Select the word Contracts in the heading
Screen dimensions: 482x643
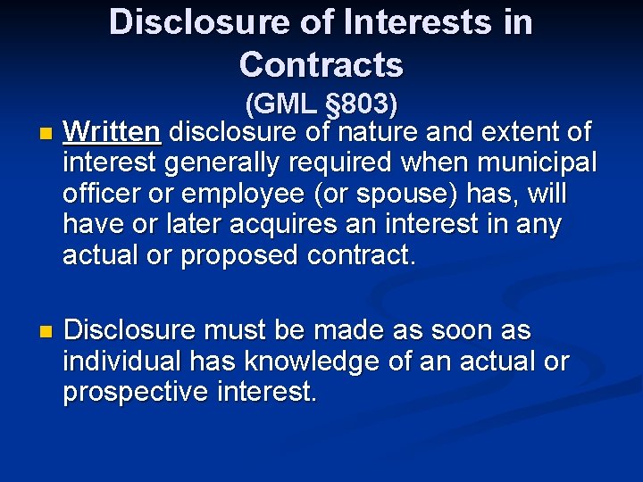(x=321, y=64)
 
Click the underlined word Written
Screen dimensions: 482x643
(x=112, y=133)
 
